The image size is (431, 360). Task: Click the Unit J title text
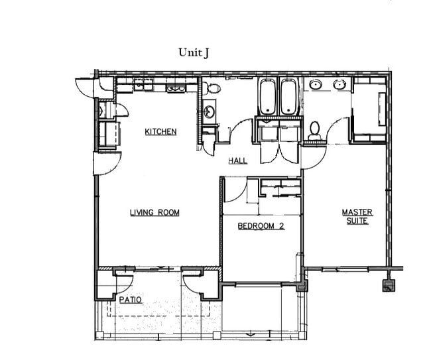pos(194,52)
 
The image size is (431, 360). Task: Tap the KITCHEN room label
pos(160,132)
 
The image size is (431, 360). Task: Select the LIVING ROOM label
pos(154,213)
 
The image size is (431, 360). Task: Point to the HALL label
pos(238,161)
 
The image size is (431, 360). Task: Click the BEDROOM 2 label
pos(261,226)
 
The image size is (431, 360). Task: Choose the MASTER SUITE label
pos(357,216)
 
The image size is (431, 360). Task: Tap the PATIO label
pos(130,300)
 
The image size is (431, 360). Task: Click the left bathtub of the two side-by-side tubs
pos(267,97)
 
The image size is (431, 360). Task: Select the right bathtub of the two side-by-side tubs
pos(288,97)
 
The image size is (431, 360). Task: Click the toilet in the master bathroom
pos(314,130)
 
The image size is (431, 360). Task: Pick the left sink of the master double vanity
pos(316,85)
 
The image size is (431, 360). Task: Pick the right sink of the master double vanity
pos(340,85)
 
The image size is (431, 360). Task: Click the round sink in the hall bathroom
pos(209,111)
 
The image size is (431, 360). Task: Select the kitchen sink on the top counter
pos(143,85)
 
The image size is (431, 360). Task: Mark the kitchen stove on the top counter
pos(176,86)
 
